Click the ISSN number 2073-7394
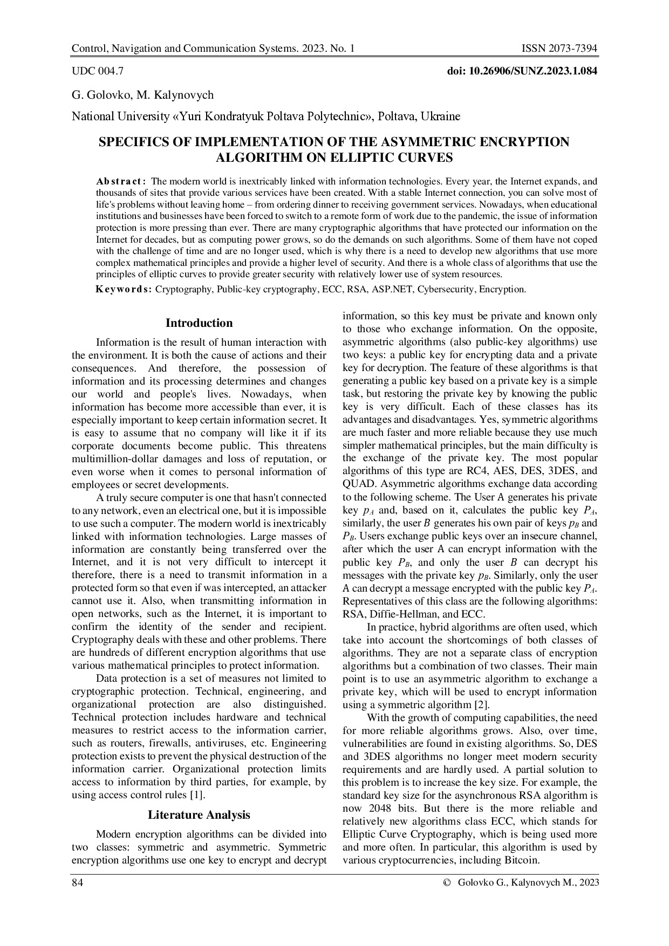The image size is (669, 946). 559,49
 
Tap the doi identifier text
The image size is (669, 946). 522,71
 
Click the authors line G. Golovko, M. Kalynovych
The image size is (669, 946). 143,95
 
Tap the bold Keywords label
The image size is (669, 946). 124,289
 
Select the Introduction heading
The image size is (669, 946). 199,323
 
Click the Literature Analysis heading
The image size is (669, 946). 199,814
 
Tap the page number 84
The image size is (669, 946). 78,883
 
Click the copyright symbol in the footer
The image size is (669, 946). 446,883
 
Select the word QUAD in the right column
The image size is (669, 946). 357,484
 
